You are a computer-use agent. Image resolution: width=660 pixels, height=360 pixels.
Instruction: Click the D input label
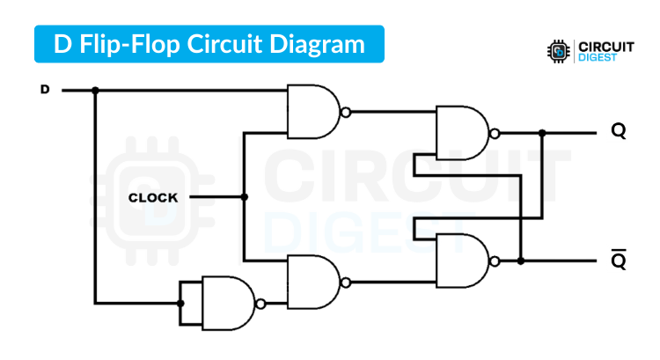[x=45, y=90]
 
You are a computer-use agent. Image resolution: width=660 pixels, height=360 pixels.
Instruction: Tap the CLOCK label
[x=153, y=198]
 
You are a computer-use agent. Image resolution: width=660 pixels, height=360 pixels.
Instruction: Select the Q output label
[x=619, y=132]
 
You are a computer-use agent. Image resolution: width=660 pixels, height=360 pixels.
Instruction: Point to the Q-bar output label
[x=619, y=261]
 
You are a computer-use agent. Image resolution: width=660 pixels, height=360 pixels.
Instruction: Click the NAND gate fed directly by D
[x=312, y=112]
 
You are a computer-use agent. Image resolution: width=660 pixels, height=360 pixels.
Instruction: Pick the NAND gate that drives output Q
[x=461, y=134]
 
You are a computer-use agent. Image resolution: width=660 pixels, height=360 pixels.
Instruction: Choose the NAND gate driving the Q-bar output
[x=461, y=261]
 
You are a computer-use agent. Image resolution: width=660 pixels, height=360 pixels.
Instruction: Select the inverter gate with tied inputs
[x=227, y=303]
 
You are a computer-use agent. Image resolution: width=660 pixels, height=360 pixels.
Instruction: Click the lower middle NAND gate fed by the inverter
[x=312, y=282]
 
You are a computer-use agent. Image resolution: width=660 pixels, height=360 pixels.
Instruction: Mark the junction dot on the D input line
[x=95, y=90]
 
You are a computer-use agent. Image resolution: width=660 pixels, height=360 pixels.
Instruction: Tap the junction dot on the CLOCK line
[x=245, y=198]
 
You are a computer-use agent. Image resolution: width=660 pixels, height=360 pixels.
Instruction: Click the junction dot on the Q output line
[x=542, y=134]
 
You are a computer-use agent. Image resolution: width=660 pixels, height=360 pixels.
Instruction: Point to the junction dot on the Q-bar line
[x=521, y=261]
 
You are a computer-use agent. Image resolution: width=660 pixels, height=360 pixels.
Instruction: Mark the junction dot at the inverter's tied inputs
[x=180, y=303]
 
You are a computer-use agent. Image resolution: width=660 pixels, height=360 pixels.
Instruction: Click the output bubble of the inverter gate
[x=260, y=303]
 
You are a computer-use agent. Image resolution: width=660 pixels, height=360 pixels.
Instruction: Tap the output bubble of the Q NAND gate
[x=495, y=134]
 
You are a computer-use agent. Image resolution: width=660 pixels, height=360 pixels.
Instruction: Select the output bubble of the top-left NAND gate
[x=346, y=112]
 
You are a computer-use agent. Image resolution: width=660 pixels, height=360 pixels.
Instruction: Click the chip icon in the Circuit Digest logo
[x=557, y=50]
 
